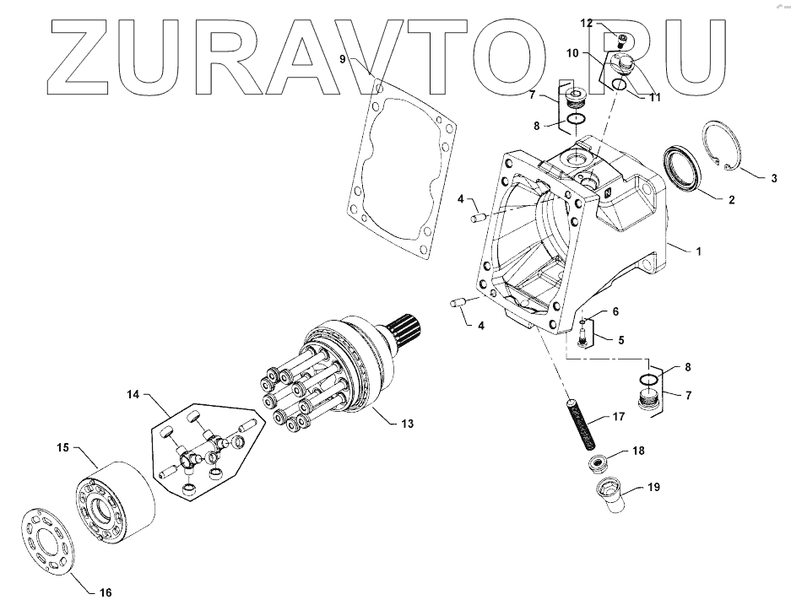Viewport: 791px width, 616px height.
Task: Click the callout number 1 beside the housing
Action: coord(698,251)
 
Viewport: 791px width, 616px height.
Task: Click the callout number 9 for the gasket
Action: coord(343,58)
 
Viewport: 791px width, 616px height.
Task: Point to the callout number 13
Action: coord(408,423)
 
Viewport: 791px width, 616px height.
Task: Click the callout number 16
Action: coord(105,593)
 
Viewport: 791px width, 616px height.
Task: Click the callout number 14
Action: coord(133,394)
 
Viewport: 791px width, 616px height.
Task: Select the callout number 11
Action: coord(654,97)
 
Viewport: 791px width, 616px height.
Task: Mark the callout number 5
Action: coord(621,341)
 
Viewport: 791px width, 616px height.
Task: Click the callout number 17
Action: coord(618,416)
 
